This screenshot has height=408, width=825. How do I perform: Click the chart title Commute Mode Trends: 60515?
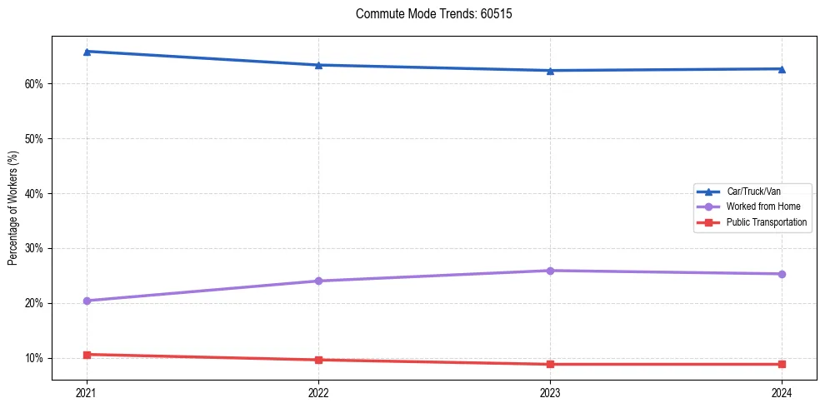point(427,14)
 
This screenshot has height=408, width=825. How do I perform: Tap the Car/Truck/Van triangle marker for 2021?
point(87,52)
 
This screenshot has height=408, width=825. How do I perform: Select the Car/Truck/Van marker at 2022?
point(318,65)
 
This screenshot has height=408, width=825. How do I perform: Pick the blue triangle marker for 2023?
point(550,71)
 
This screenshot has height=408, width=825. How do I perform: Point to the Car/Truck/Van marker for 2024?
point(782,68)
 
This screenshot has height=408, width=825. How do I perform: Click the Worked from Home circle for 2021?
point(87,301)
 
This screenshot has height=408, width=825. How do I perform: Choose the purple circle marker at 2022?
point(318,281)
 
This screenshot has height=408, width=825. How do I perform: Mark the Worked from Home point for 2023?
point(550,271)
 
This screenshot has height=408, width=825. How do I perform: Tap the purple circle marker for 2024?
point(782,274)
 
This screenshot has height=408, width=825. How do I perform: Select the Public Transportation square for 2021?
point(87,355)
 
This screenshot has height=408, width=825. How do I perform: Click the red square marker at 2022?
point(318,360)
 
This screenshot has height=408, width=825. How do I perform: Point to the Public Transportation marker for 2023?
point(550,364)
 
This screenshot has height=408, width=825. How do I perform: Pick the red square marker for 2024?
point(782,364)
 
